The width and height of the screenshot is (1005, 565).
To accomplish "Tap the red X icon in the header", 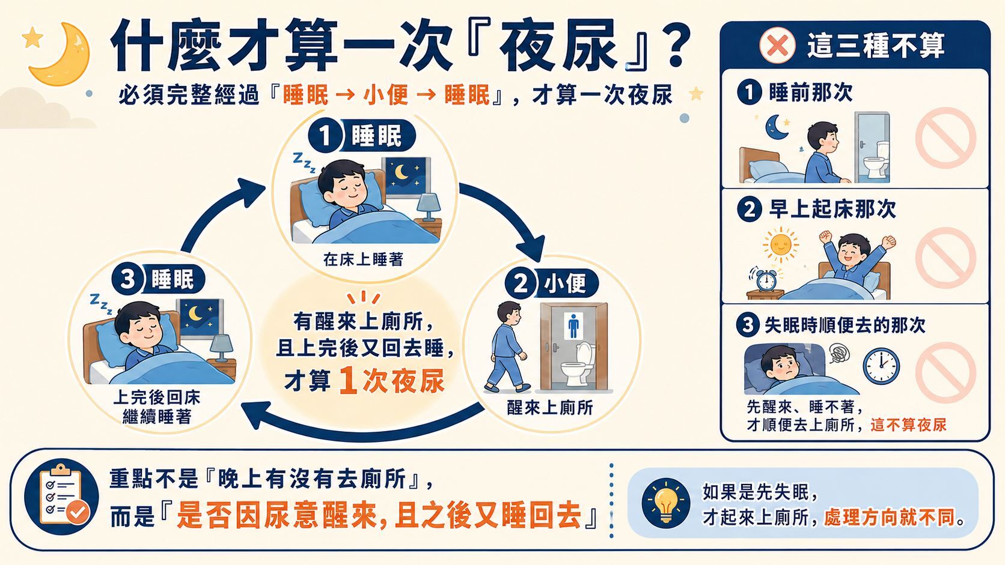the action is [778, 45].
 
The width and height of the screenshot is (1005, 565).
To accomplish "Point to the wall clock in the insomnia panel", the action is [881, 366].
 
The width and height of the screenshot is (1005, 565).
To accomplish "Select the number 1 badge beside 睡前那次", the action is [750, 92].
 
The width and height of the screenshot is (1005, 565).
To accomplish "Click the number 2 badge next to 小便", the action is [521, 284].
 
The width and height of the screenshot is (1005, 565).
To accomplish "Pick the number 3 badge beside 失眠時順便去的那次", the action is [748, 324].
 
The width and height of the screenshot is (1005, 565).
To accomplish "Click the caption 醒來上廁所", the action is [550, 408].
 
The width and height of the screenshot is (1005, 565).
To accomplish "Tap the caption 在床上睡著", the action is [364, 259].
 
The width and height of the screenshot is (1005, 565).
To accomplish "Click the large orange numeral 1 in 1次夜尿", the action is [349, 381].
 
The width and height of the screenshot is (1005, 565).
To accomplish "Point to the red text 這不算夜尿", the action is [909, 425].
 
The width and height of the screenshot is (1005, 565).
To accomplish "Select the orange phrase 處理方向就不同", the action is [890, 518].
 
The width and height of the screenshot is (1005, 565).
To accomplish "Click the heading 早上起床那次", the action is [832, 210].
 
